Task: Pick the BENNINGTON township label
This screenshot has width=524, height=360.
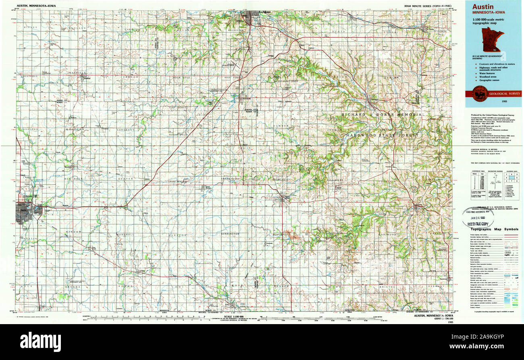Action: click(x=230, y=234)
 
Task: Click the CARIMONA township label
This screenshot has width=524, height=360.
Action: click(x=387, y=234)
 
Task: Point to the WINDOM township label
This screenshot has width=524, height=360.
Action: click(x=75, y=232)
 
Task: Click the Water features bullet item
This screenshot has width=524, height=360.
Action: click(x=486, y=73)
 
